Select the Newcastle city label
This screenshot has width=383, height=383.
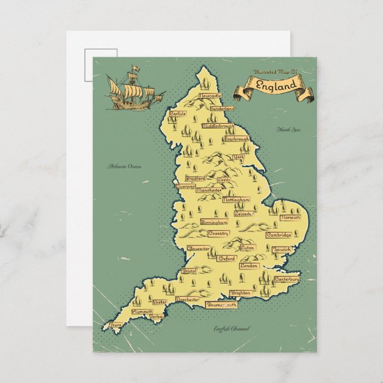click(x=210, y=96)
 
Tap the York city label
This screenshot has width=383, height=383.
click(x=238, y=158)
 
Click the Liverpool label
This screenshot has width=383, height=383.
click(x=185, y=186)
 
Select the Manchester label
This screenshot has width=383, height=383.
click(x=209, y=190)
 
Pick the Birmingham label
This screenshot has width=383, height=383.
click(x=214, y=222)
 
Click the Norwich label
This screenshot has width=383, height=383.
click(x=290, y=218)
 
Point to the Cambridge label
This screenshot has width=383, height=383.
click(x=278, y=235)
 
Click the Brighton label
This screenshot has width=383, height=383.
click(x=240, y=293)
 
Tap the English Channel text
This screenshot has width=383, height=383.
click(x=233, y=329)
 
